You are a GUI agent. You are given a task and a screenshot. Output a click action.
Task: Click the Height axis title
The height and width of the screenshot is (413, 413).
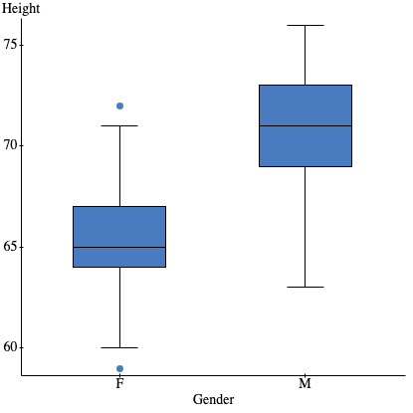(23, 9)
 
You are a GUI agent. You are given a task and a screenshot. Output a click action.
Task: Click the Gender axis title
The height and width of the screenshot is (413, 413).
(213, 399)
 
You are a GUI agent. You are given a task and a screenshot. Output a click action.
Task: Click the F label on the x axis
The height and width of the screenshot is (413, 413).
(119, 383)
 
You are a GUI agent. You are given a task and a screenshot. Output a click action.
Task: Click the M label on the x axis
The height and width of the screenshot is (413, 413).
(305, 383)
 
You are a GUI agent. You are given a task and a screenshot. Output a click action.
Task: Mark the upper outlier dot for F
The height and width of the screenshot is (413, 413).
(119, 105)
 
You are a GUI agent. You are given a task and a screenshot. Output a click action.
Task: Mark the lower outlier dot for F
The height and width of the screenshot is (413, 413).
(119, 368)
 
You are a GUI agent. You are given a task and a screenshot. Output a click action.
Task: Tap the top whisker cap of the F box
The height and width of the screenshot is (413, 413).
(119, 125)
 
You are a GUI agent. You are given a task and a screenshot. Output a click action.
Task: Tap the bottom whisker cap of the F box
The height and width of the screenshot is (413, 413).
(119, 347)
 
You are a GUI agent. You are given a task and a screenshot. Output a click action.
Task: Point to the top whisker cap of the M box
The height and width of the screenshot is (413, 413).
(305, 25)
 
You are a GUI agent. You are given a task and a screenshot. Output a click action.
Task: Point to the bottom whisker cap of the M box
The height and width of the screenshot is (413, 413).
(305, 287)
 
